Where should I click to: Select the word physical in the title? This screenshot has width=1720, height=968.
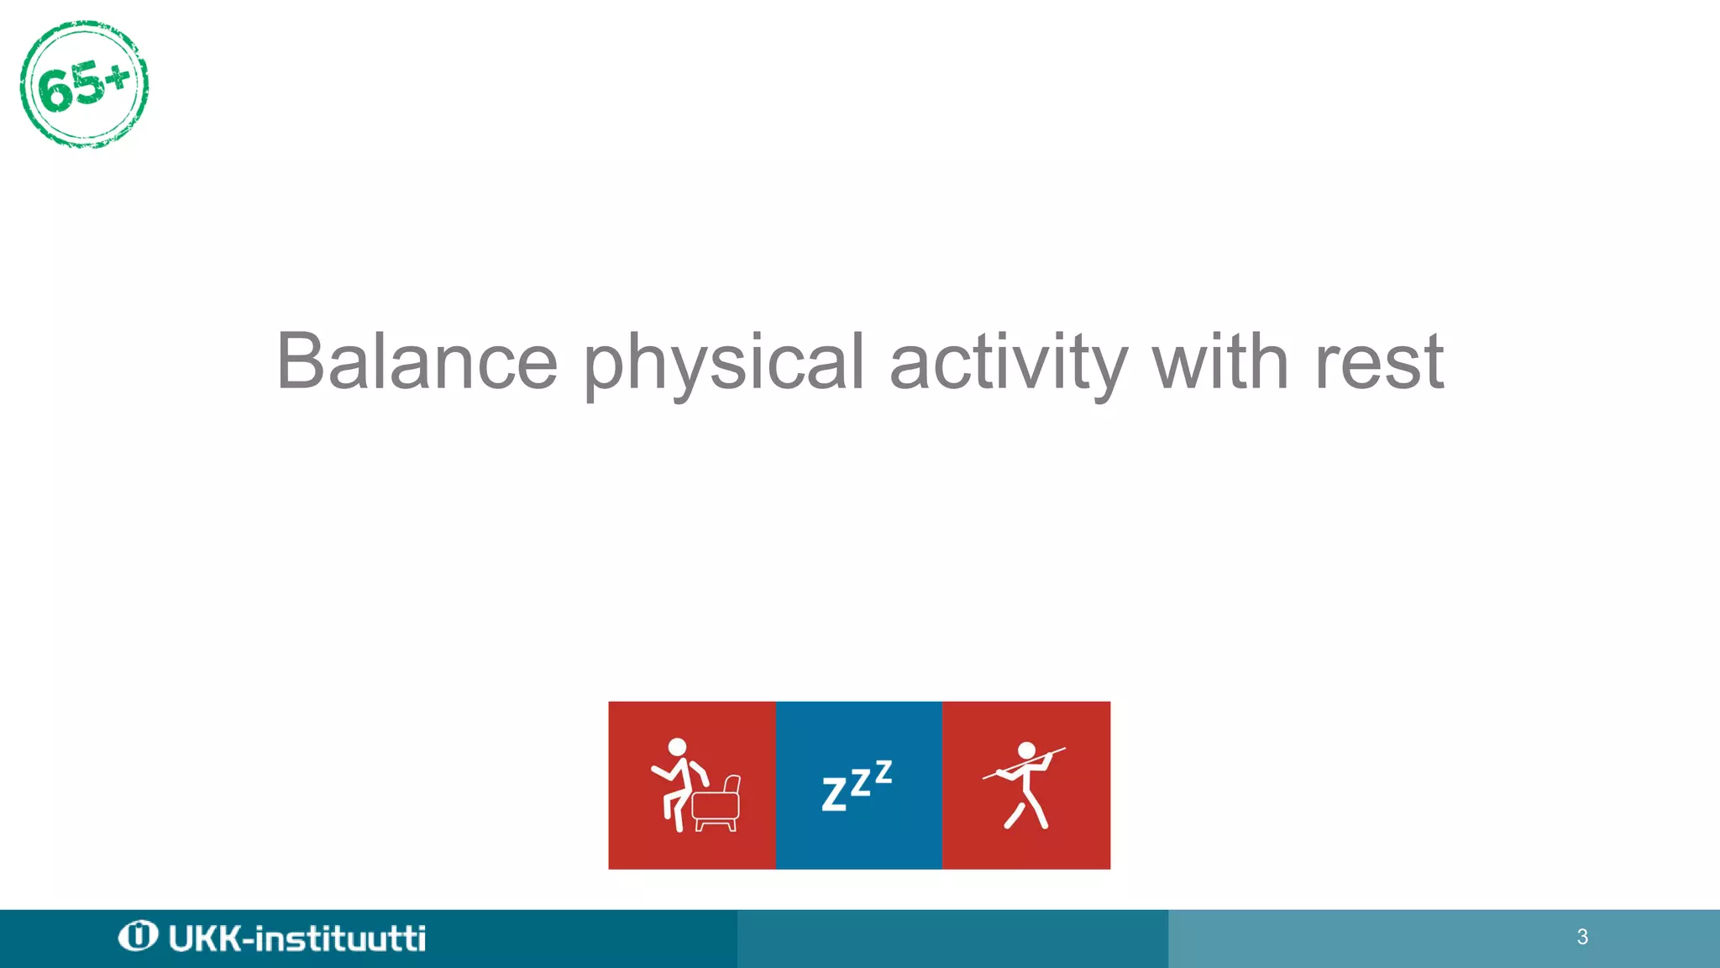723,363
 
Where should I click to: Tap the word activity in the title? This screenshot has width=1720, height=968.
1008,363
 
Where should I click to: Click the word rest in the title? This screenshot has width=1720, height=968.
1378,363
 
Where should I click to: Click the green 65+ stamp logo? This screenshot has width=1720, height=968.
84,84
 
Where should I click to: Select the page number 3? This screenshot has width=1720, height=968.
1582,937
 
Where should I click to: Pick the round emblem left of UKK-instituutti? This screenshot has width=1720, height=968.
138,936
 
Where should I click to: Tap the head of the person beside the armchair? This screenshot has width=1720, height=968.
677,747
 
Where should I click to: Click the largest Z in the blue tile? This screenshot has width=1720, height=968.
834,794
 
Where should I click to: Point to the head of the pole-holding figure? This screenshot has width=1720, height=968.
1026,750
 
